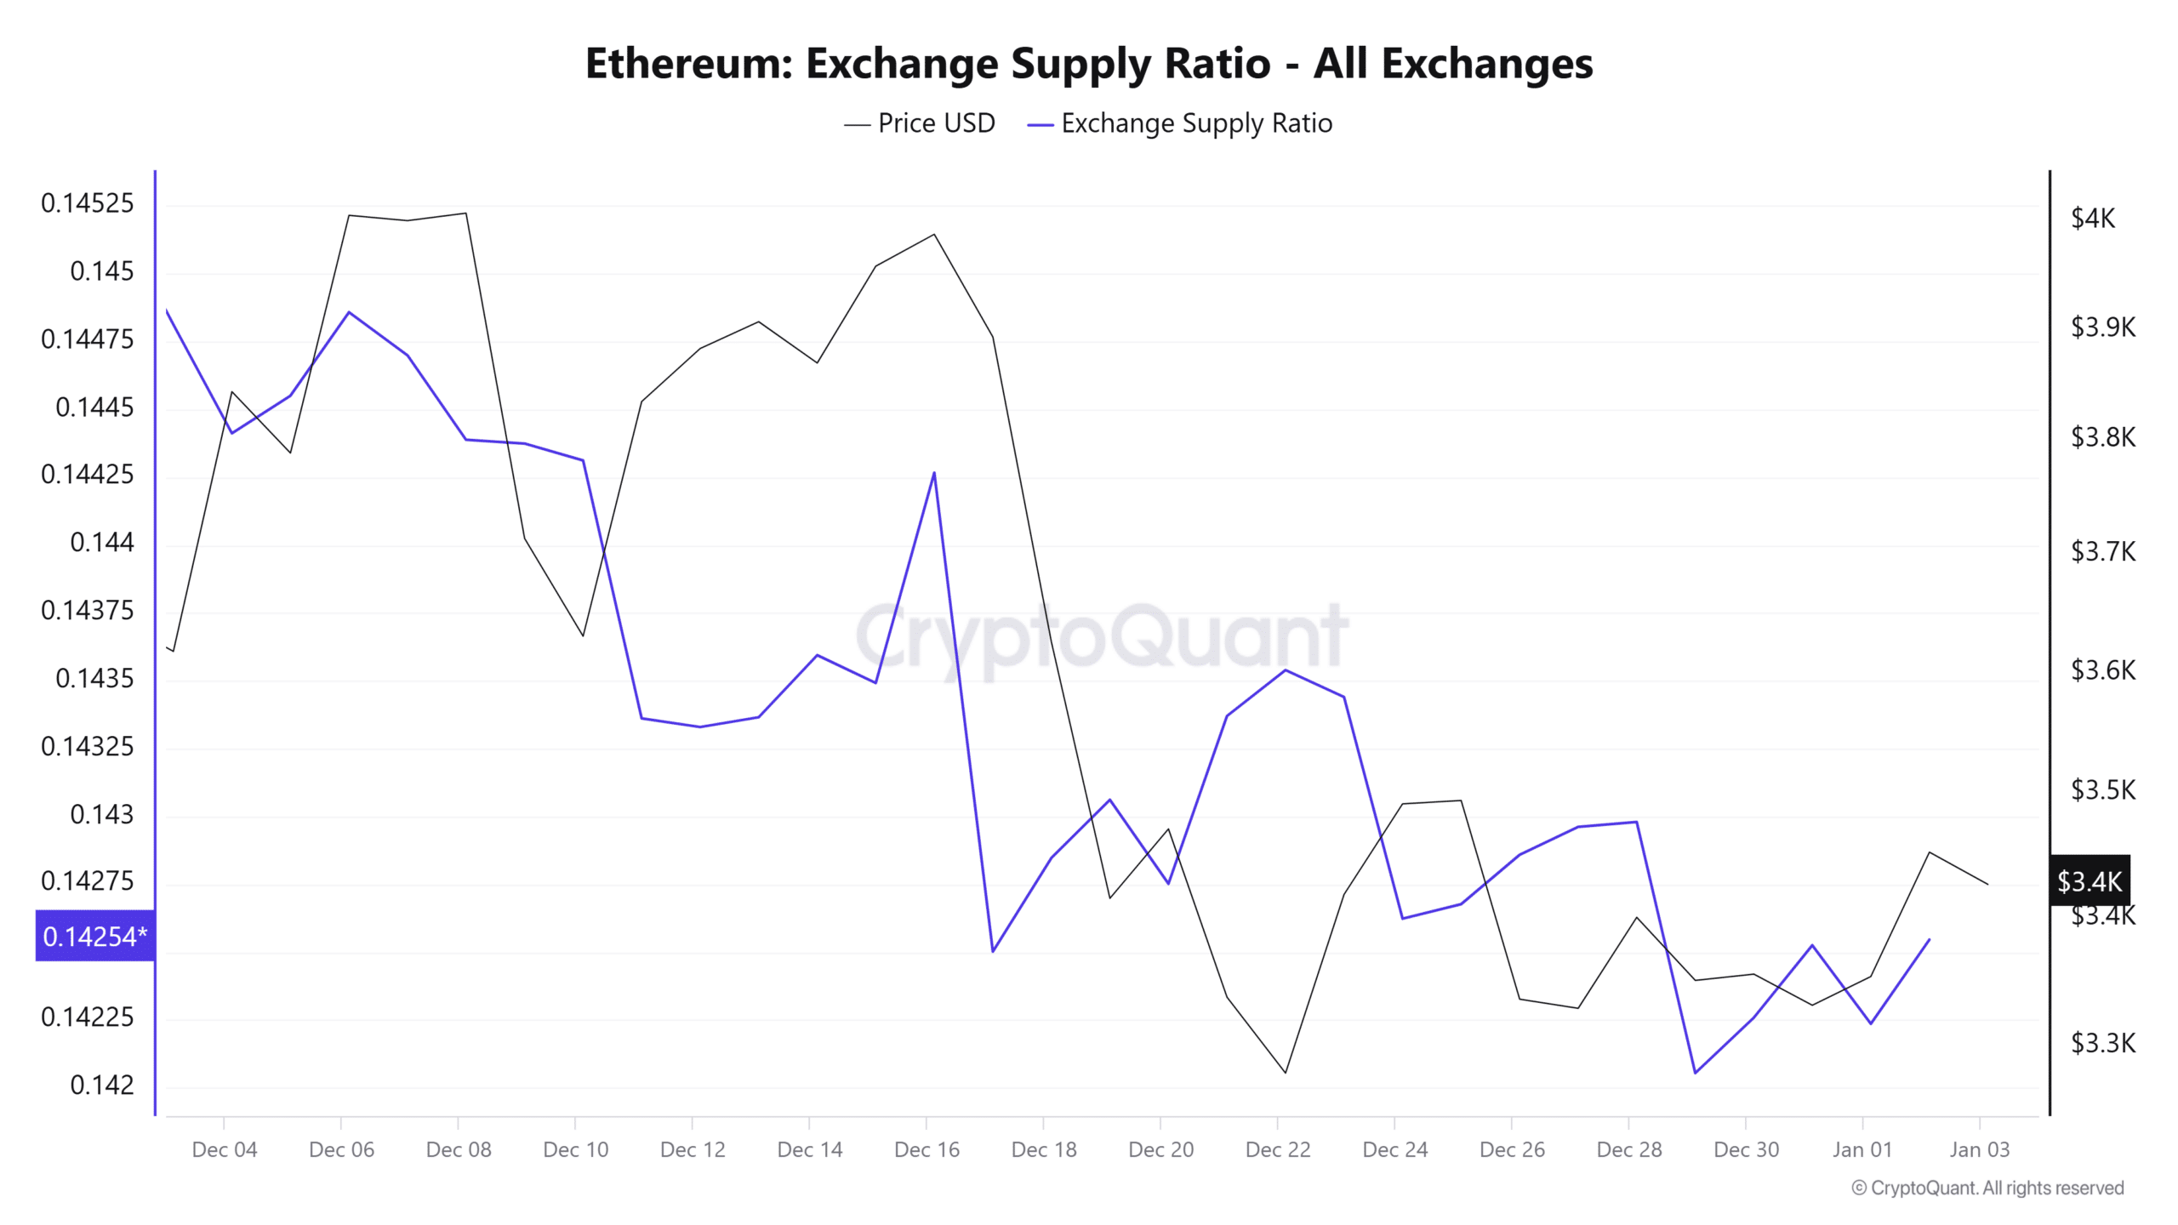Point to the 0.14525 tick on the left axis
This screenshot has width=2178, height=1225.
coord(88,203)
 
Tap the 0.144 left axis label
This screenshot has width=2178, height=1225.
coord(102,542)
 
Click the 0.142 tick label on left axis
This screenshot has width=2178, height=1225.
coord(102,1085)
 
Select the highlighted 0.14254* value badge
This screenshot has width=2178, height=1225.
coord(94,936)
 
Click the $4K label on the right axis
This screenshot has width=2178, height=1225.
coord(2092,219)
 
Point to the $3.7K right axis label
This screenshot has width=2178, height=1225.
coord(2102,551)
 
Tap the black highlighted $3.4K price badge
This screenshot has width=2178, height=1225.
coord(2089,880)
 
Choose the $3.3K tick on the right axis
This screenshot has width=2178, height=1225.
coord(2102,1042)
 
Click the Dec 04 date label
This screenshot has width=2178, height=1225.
coord(225,1149)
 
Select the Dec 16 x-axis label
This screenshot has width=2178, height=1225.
coord(927,1149)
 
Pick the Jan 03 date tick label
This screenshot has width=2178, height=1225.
coord(1979,1149)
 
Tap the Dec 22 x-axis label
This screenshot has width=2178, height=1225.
coord(1278,1149)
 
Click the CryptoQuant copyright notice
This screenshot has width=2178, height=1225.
coord(1987,1188)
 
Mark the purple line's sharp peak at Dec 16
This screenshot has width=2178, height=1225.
coord(934,473)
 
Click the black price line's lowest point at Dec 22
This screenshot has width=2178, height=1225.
coord(1285,1072)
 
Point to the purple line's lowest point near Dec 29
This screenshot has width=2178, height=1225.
coord(1695,1072)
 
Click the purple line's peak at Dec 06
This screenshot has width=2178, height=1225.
coord(349,312)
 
